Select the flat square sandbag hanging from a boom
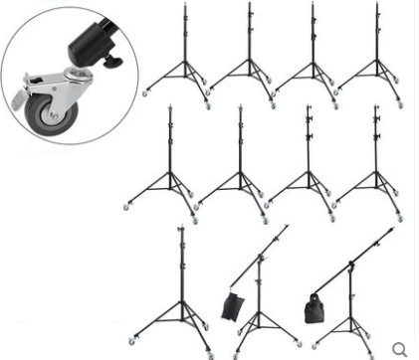coord(232,304)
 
